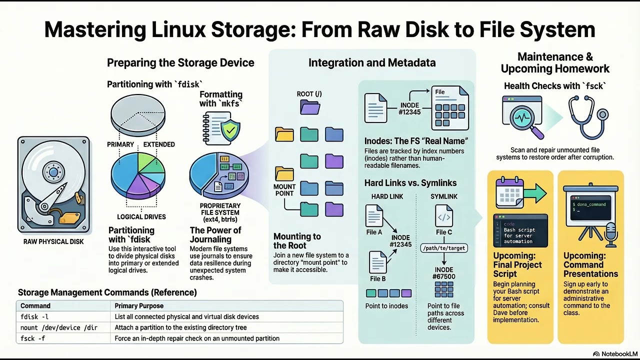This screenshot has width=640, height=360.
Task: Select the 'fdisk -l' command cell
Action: (x=34, y=316)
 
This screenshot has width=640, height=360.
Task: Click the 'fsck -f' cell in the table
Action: (x=33, y=338)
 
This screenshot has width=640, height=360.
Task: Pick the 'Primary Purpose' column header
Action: (x=139, y=305)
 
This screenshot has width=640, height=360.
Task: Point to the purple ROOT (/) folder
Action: (x=310, y=107)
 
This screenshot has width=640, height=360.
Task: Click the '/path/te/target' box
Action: (x=444, y=247)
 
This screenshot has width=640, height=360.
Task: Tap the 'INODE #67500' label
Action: (x=444, y=273)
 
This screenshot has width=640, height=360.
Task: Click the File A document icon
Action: (x=374, y=216)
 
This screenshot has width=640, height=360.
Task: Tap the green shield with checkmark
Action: (x=229, y=130)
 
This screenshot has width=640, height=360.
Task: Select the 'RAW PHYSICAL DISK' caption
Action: (x=53, y=241)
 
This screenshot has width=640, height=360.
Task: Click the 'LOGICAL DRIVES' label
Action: (x=141, y=217)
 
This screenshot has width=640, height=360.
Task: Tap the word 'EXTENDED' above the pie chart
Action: (x=159, y=144)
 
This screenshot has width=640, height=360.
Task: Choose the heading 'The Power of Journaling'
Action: (x=215, y=234)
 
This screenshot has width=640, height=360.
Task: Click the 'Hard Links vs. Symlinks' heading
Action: (x=410, y=182)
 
